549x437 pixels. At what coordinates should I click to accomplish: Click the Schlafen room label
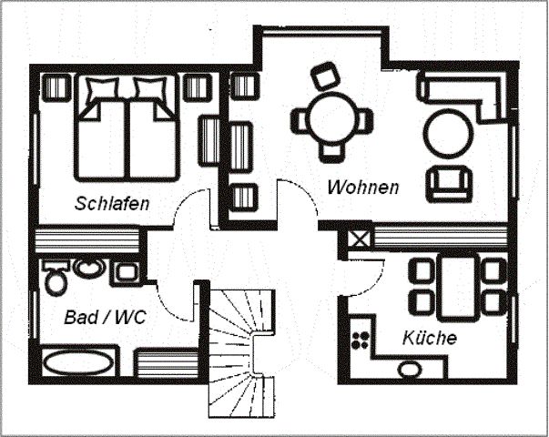pos(112,203)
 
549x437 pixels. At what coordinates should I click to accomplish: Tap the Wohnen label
pos(363,187)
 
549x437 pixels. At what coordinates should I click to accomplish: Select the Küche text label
pos(430,338)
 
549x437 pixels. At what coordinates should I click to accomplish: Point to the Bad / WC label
pos(105,317)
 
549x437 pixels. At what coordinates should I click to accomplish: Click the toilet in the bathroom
pos(56,277)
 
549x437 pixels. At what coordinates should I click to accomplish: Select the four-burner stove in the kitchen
pos(361,340)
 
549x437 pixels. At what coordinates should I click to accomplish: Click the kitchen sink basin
pos(411,369)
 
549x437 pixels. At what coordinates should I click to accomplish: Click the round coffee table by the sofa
pos(448,134)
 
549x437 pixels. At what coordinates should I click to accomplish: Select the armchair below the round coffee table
pos(449,184)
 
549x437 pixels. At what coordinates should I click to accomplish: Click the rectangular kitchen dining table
pos(458,287)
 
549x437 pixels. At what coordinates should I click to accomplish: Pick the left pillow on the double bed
pos(102,88)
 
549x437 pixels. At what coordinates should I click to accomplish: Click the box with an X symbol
pos(360,239)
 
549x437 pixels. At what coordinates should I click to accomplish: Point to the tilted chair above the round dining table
pos(326,76)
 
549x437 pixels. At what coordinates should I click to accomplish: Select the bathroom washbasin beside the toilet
pos(89,269)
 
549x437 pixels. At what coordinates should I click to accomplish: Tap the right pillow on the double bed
pos(150,88)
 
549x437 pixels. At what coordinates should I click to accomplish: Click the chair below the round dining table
pos(331,153)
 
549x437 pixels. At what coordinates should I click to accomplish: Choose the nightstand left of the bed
pos(56,87)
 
